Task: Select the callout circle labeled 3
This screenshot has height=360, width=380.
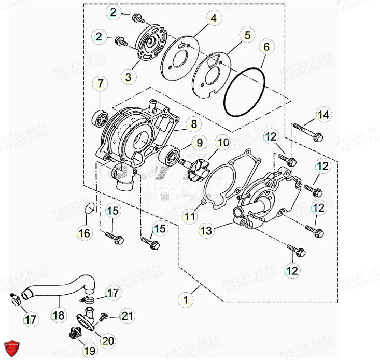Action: (128, 77)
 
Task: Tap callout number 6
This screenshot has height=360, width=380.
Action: (266, 47)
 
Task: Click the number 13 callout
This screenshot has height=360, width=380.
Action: (206, 230)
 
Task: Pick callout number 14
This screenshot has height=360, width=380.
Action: (323, 115)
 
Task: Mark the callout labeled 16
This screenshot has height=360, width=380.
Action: (84, 233)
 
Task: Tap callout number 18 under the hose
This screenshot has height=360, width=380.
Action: (59, 315)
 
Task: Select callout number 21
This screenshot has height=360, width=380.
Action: (128, 315)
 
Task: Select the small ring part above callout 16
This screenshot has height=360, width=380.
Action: (90, 209)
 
